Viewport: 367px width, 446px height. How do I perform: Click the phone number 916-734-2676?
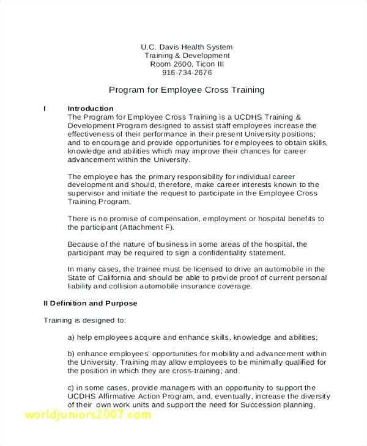click(186, 73)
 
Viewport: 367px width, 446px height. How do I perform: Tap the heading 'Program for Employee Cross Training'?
click(186, 90)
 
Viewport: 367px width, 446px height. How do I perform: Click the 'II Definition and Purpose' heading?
click(90, 303)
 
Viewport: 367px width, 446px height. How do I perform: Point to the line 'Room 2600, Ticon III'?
click(186, 64)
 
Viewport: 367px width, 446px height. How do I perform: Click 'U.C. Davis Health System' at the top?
click(186, 47)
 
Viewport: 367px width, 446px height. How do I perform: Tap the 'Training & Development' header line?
click(186, 56)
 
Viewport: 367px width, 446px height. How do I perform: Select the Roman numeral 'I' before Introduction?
click(45, 109)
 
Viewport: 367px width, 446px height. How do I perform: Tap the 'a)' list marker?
click(71, 337)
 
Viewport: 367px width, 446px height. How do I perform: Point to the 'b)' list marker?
click(71, 354)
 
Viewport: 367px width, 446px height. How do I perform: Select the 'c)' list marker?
click(71, 387)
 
